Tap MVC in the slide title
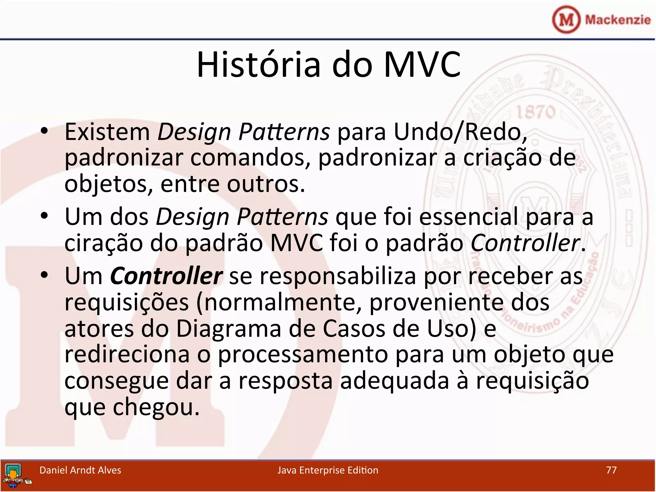coord(422,65)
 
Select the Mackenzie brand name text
coord(618,20)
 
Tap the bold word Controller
coord(166,276)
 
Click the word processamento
coord(302,355)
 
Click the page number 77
coord(611,470)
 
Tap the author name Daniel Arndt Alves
coord(80,470)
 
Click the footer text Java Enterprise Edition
coord(328,470)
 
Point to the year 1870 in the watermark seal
coord(536,112)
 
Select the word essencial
coord(468,217)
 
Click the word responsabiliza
coord(337,276)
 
